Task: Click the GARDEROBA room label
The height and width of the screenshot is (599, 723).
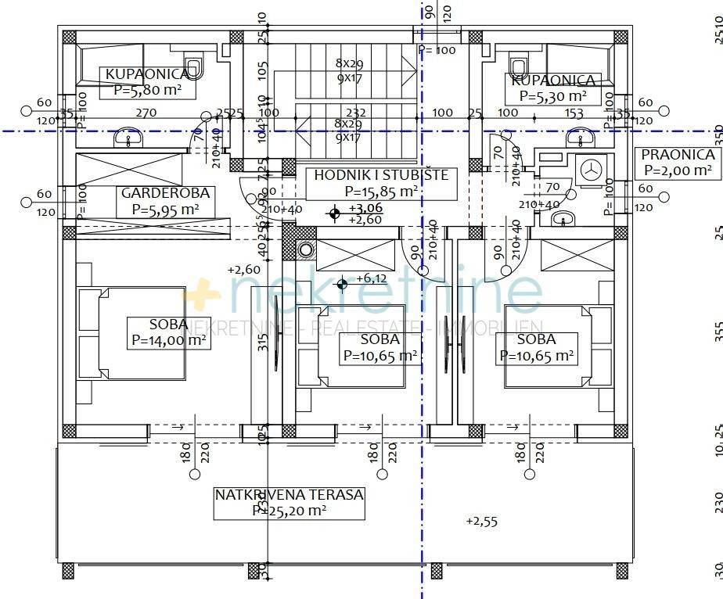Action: point(154,193)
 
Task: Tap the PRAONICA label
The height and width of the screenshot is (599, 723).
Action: point(677,155)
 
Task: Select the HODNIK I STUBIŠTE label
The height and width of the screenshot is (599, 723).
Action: point(381,174)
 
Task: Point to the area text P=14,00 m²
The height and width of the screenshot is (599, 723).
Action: point(169,340)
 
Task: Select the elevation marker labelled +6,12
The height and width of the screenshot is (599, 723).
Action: point(342,283)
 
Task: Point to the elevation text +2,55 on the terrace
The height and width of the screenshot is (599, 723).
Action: point(480,521)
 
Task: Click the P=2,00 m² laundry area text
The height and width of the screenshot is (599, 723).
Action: point(677,170)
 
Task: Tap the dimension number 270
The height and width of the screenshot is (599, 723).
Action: point(146,113)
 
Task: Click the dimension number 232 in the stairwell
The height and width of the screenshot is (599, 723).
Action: point(356,113)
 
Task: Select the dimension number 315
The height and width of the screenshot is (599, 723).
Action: point(263,342)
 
